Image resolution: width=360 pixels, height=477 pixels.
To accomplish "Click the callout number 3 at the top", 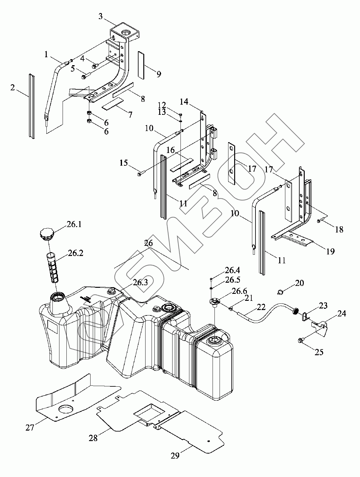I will click(101, 16).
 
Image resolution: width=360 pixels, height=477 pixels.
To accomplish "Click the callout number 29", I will click(175, 455).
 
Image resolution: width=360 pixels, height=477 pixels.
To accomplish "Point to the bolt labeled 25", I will click(300, 341).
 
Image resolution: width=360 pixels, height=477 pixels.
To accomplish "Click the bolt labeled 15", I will click(141, 174).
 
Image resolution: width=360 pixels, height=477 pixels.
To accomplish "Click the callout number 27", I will click(30, 428).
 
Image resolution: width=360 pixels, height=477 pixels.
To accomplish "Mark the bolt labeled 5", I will click(85, 76).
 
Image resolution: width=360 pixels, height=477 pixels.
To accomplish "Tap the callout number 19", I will click(330, 252).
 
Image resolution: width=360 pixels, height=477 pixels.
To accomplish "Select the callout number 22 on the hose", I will click(261, 307).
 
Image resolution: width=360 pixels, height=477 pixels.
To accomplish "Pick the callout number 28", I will click(93, 438).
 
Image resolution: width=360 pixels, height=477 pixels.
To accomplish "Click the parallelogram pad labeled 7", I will click(112, 105).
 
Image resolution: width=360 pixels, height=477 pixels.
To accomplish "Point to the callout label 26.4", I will click(232, 271).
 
